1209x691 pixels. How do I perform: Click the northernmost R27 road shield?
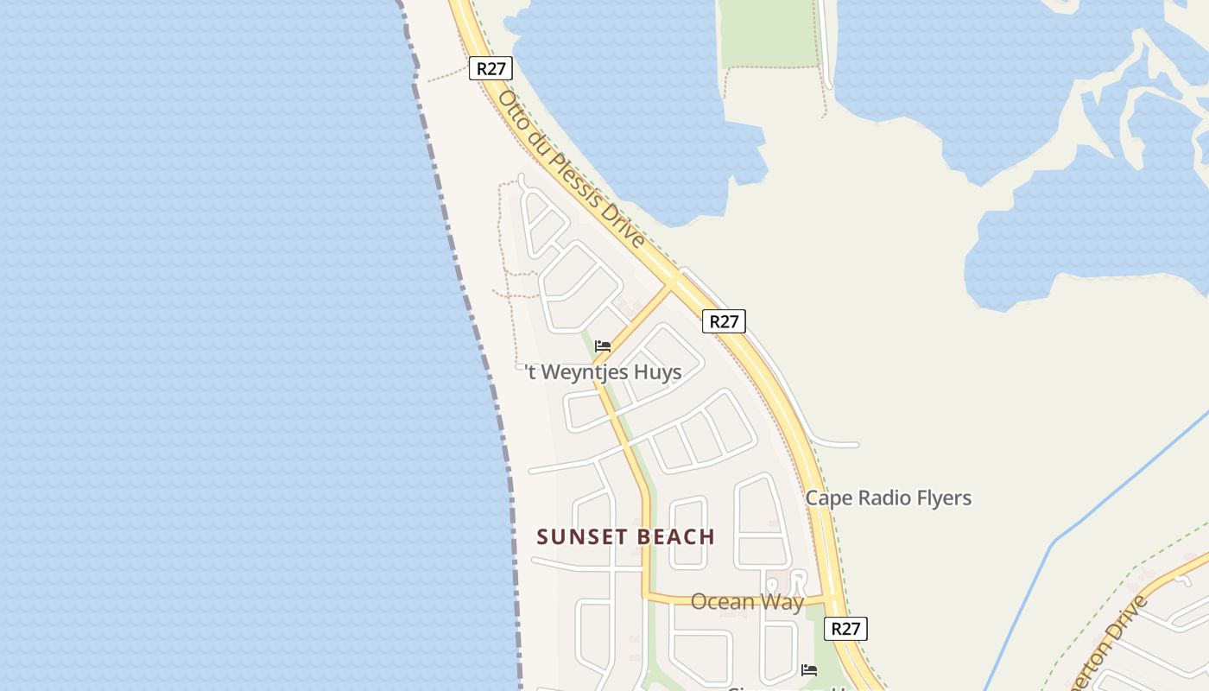click(x=491, y=69)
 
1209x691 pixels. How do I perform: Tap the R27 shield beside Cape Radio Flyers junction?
click(x=723, y=321)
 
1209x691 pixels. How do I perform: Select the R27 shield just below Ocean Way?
click(x=845, y=629)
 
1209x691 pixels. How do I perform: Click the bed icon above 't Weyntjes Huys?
click(x=603, y=346)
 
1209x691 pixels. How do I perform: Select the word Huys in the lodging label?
click(x=658, y=372)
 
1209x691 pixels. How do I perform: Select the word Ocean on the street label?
click(x=723, y=602)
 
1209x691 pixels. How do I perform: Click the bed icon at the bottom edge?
click(x=809, y=670)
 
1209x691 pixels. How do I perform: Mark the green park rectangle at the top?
click(x=769, y=33)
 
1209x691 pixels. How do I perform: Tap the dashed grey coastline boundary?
click(x=466, y=285)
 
